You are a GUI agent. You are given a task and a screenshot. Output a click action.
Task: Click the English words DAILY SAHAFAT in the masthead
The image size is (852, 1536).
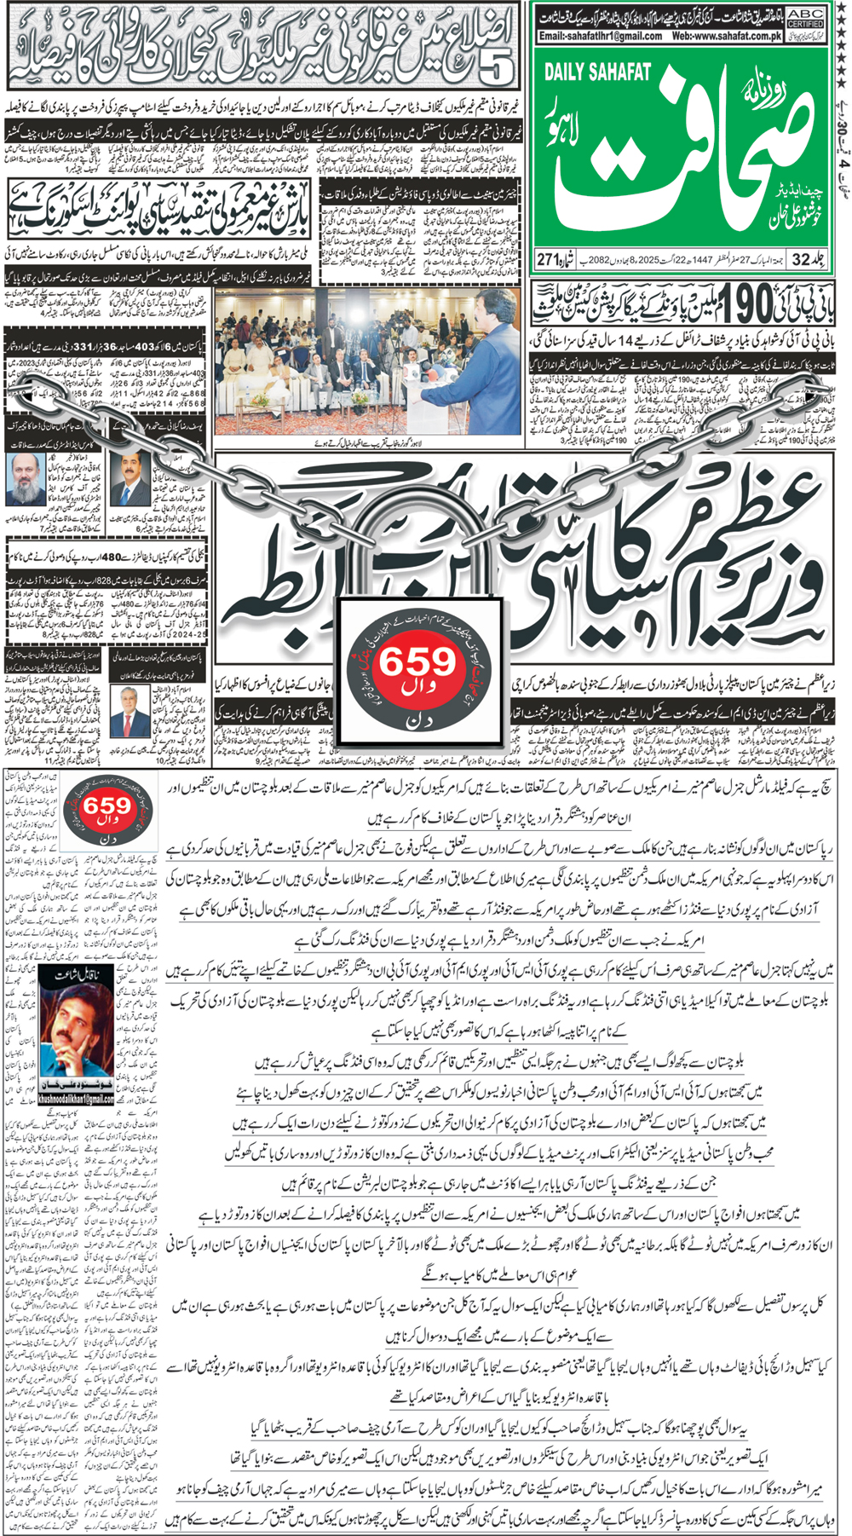pos(597,72)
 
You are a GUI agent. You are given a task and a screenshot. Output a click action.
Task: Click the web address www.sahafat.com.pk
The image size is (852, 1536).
pos(727,37)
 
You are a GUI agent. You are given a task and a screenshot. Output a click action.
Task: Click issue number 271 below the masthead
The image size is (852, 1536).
pos(546,259)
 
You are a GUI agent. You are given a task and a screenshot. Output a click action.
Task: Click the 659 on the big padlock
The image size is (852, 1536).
pos(417,662)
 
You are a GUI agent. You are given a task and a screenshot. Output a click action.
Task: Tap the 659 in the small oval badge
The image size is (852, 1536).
pos(107,806)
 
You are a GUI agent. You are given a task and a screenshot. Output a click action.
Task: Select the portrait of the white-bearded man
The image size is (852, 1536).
pos(25,478)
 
